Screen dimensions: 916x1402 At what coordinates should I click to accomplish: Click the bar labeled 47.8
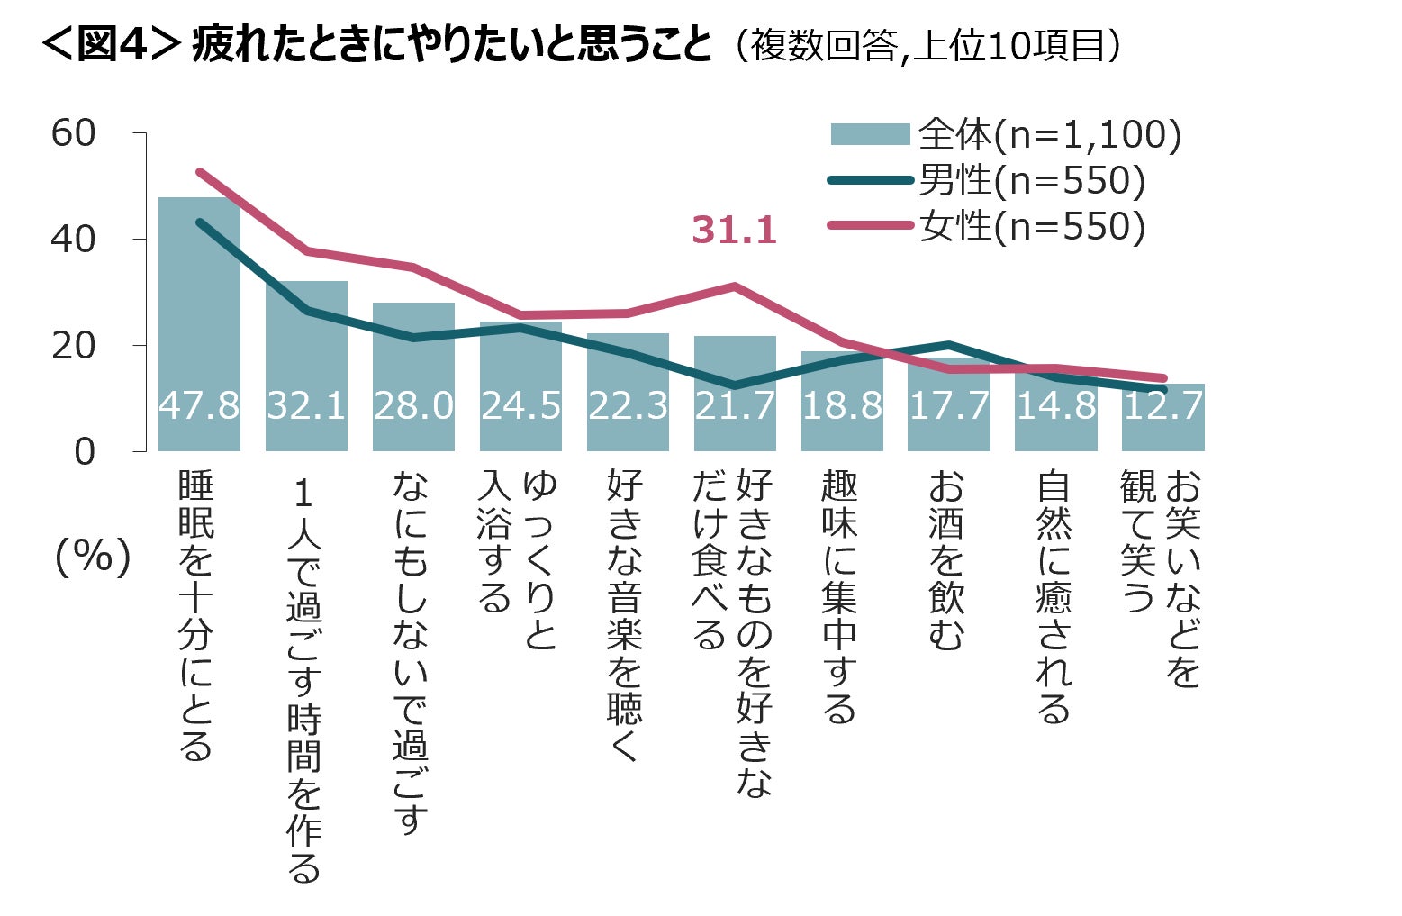[199, 324]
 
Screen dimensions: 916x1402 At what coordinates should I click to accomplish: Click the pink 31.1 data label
[734, 230]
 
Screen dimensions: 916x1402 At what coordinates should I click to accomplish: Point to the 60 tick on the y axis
[73, 133]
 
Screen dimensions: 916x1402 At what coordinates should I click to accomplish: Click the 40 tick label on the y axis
[73, 240]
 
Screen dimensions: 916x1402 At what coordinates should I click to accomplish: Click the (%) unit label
[93, 558]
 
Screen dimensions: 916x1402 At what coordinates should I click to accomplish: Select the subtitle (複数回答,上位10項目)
[927, 45]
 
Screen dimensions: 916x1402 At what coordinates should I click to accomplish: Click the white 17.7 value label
[949, 406]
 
